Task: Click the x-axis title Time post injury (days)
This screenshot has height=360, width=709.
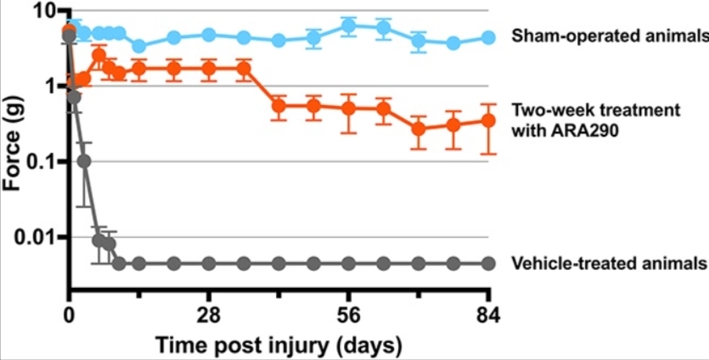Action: point(279,346)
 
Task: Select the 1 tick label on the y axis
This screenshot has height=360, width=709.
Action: point(48,86)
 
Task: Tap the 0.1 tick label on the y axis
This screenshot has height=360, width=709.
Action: point(40,161)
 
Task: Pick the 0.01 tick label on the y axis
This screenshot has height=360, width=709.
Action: point(34,237)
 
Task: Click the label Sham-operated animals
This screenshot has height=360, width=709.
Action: point(609,37)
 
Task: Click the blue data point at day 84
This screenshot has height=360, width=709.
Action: point(488,37)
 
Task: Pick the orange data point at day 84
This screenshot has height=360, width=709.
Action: point(488,121)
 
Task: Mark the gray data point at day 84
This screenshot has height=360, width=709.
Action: point(488,263)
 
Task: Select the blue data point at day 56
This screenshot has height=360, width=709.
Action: point(348,26)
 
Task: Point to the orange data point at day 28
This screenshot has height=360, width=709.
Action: point(209,68)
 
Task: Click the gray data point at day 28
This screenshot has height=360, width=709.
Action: point(209,263)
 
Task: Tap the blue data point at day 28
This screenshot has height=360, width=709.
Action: point(209,35)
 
